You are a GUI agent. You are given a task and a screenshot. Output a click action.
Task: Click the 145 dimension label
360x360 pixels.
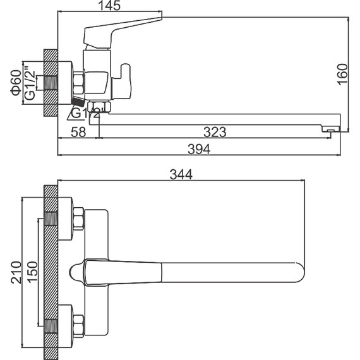(x=109, y=6)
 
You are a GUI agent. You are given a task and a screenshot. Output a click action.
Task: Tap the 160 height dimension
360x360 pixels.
(x=343, y=75)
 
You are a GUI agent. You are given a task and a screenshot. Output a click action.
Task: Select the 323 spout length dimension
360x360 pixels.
(x=215, y=132)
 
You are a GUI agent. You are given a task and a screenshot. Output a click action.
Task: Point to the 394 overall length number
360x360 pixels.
(x=199, y=149)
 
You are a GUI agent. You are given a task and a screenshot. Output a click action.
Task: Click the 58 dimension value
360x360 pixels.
(x=78, y=132)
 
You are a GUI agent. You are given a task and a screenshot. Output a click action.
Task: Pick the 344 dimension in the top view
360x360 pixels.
(x=181, y=175)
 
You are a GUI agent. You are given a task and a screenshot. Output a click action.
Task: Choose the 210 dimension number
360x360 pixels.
(x=16, y=272)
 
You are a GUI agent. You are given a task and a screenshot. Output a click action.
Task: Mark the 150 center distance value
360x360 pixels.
(x=33, y=272)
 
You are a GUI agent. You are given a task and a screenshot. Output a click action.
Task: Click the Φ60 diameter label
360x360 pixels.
(x=16, y=83)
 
